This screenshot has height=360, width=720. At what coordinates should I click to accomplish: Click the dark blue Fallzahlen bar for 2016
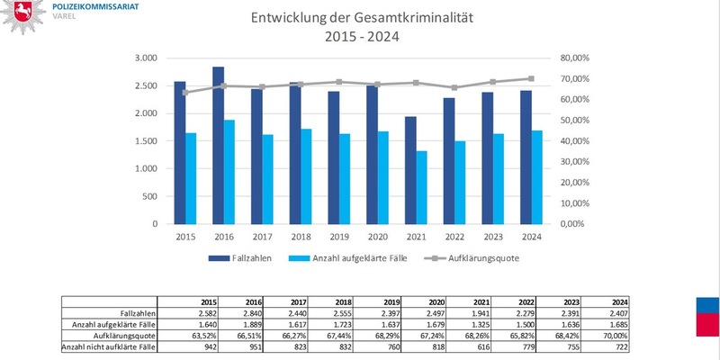tap(218, 144)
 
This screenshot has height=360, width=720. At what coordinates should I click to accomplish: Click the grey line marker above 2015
tap(185, 93)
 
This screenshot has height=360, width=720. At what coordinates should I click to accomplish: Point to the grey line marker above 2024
tap(531, 78)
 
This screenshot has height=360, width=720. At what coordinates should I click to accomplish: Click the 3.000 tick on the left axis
tap(145, 58)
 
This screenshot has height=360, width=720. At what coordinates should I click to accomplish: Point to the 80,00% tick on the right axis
tap(573, 58)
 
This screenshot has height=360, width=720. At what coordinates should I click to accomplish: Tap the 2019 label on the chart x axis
tap(339, 237)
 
